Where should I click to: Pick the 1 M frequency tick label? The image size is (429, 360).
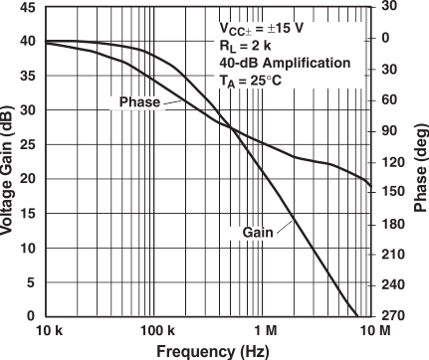tap(265, 330)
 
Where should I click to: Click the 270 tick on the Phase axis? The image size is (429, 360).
tap(393, 316)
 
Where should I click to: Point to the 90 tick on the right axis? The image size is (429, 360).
tap(390, 131)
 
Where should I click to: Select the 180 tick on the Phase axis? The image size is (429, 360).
tap(393, 224)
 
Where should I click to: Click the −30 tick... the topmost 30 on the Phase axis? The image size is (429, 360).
tap(390, 7)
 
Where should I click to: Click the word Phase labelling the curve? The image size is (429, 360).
tap(138, 102)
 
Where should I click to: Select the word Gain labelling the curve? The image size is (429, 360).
tap(258, 233)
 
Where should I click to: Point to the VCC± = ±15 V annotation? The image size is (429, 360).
tap(290, 30)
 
